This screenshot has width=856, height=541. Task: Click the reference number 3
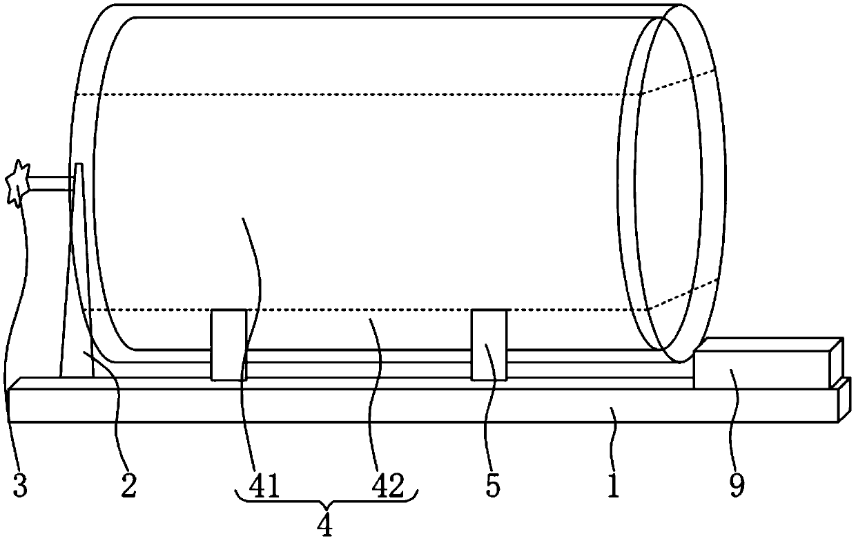click(x=20, y=486)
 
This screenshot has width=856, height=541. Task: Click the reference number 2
click(x=128, y=486)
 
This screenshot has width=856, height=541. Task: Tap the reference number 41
click(x=265, y=486)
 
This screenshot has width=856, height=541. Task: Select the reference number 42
click(x=387, y=486)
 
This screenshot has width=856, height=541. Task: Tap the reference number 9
click(x=737, y=486)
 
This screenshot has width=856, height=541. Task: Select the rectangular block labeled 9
click(x=766, y=365)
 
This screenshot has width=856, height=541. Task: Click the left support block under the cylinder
click(x=228, y=345)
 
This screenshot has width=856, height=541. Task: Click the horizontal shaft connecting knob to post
click(x=50, y=183)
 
